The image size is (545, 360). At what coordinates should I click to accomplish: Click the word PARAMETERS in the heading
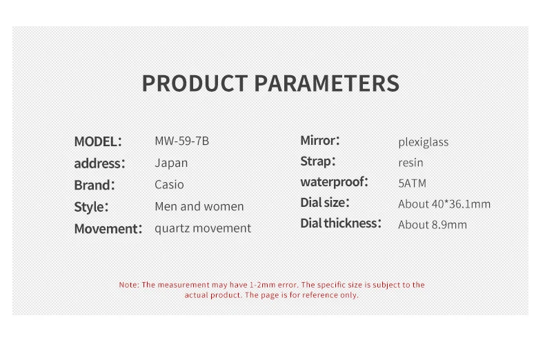pyautogui.click(x=327, y=83)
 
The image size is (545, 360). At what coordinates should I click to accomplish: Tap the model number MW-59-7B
pyautogui.click(x=182, y=141)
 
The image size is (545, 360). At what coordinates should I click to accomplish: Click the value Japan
pyautogui.click(x=171, y=163)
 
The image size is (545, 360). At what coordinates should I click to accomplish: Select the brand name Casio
pyautogui.click(x=169, y=185)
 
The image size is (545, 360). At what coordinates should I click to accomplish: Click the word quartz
pyautogui.click(x=172, y=228)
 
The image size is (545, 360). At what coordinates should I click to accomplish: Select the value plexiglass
pyautogui.click(x=424, y=142)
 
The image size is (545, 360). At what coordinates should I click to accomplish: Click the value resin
pyautogui.click(x=411, y=163)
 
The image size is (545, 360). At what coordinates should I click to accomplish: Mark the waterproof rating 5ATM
pyautogui.click(x=413, y=183)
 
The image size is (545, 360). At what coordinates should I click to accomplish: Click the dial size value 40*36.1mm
pyautogui.click(x=461, y=204)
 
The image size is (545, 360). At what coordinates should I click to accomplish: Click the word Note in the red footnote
pyautogui.click(x=129, y=285)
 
